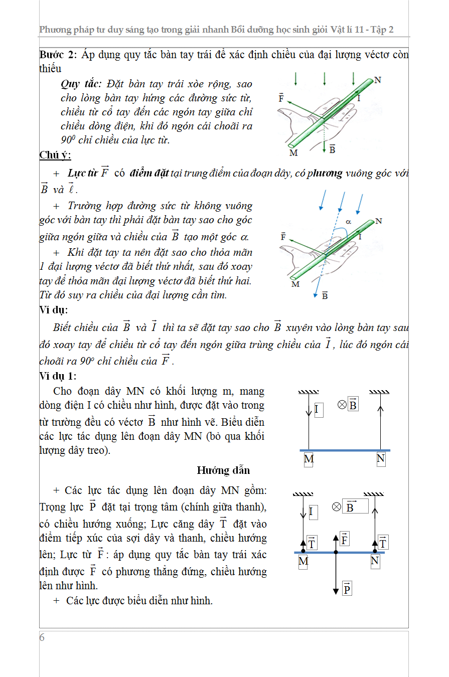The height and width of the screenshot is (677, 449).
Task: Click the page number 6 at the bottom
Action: [42, 637]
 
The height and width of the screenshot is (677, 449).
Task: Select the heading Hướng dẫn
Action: [223, 470]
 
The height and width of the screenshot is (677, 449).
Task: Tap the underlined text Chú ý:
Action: [55, 155]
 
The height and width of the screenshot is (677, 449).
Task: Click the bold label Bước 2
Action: [54, 54]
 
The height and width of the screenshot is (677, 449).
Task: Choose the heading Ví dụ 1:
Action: [58, 376]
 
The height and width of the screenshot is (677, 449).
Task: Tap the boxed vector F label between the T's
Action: [345, 540]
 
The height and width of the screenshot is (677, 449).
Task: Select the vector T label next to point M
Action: [312, 542]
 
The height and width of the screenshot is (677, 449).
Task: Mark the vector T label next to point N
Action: [383, 542]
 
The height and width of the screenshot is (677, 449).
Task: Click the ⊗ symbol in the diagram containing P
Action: [337, 507]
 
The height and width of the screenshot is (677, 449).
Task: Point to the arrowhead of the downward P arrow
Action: [336, 591]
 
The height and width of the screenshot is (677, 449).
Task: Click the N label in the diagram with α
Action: [378, 221]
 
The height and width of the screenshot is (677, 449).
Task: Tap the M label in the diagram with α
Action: [295, 284]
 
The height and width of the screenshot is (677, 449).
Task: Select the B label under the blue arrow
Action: [325, 296]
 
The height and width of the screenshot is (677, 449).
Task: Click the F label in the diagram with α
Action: [283, 236]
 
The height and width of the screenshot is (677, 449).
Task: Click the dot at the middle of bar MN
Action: [336, 552]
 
